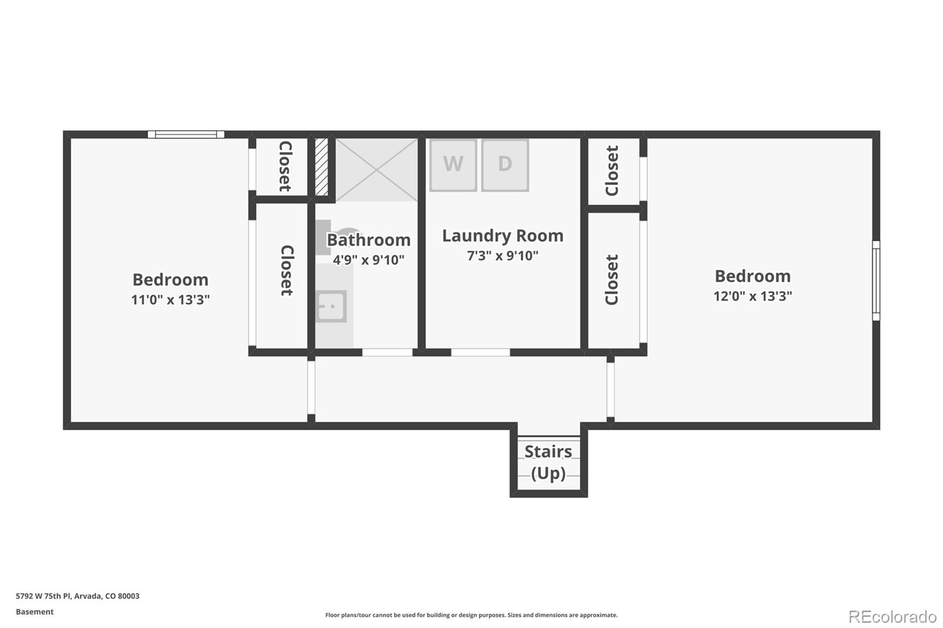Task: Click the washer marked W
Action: click(453, 164)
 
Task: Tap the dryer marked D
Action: click(505, 164)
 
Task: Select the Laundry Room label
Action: click(503, 236)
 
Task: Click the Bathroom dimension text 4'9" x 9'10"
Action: click(368, 260)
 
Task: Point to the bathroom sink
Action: click(331, 306)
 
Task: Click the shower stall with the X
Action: click(377, 170)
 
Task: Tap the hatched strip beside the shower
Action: click(321, 167)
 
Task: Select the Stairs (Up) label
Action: click(548, 462)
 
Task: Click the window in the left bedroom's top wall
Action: click(186, 134)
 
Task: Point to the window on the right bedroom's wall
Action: click(876, 280)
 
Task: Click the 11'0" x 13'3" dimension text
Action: click(170, 300)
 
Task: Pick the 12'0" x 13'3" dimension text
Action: click(753, 296)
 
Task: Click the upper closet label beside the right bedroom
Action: click(612, 171)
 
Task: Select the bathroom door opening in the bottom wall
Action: click(387, 352)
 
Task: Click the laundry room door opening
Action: click(480, 352)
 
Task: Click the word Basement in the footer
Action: click(35, 612)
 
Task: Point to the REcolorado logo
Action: click(892, 616)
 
